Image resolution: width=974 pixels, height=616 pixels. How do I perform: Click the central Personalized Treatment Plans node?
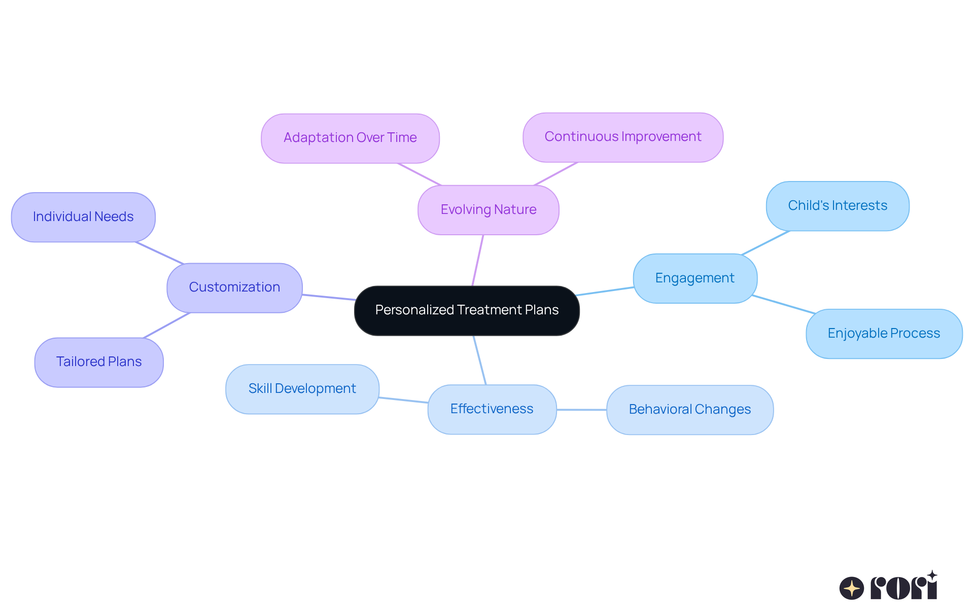[467, 310]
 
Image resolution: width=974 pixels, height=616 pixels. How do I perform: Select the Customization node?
[234, 287]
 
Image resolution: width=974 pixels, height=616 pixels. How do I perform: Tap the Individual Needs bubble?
[83, 217]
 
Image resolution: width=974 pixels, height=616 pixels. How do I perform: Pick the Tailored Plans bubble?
[99, 362]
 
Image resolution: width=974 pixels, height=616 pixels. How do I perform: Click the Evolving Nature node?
[488, 209]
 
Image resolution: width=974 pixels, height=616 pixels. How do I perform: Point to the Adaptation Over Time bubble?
[350, 138]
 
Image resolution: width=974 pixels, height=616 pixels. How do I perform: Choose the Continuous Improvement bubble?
[622, 137]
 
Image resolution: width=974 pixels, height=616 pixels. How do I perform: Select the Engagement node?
[694, 278]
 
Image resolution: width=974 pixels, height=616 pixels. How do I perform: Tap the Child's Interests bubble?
[837, 206]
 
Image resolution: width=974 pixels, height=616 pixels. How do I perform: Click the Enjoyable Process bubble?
[884, 334]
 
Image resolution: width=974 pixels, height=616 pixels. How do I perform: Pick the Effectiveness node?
[492, 409]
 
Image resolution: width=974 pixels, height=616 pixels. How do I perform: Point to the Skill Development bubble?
[302, 389]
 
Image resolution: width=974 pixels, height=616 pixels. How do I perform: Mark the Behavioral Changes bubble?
[689, 410]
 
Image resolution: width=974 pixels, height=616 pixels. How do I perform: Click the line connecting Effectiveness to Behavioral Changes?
[581, 410]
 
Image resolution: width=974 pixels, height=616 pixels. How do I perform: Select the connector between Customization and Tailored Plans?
[167, 325]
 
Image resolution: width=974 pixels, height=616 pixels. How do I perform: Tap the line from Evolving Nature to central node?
[478, 260]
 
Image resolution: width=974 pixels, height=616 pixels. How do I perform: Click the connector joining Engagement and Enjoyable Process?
[784, 304]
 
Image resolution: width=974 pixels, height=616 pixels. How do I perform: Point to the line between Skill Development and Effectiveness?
[403, 400]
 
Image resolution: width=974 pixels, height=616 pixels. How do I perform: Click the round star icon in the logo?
[851, 588]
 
